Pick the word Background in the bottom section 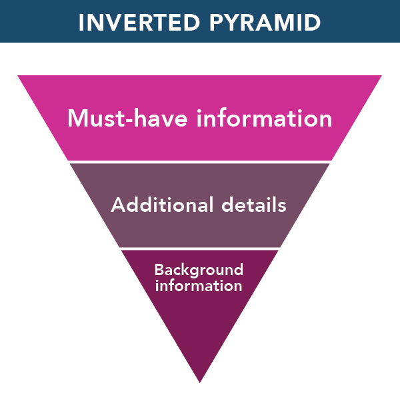[x=199, y=270]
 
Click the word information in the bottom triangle [x=199, y=286]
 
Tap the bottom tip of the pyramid [x=200, y=381]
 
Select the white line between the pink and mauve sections [x=200, y=162]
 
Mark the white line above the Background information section [x=200, y=248]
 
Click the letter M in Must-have [x=77, y=119]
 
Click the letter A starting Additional [x=117, y=205]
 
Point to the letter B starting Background [x=159, y=270]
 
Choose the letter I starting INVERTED [x=81, y=22]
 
